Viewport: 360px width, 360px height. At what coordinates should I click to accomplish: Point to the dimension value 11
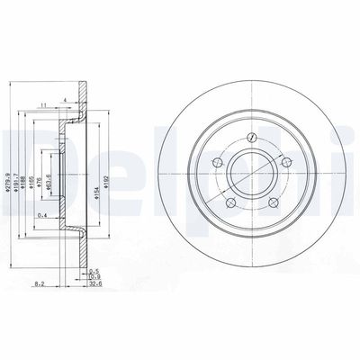[44, 105]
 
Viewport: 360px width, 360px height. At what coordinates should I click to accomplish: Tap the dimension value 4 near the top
[66, 98]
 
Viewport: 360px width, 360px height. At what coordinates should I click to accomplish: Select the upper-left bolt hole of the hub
[216, 163]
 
